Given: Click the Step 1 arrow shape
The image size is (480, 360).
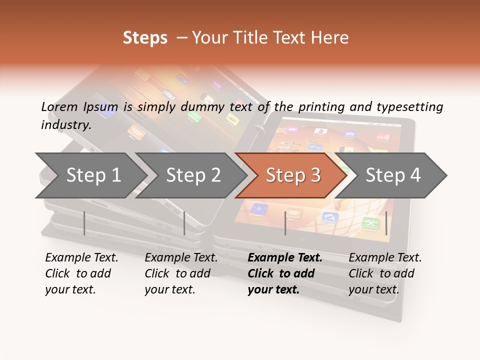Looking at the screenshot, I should [93, 175].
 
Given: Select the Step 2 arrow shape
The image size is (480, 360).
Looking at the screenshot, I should [193, 175].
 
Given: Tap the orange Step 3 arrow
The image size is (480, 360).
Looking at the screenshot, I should [293, 175].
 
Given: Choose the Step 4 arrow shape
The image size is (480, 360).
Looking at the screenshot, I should [393, 175].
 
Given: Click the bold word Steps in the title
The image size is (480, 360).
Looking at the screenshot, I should [145, 38].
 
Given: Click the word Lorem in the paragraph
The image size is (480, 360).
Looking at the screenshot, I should [58, 106].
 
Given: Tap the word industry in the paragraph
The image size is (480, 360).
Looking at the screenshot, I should [65, 124].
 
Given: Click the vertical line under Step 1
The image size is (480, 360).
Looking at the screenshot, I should [84, 223].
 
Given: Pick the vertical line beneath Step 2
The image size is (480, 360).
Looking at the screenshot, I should [184, 223].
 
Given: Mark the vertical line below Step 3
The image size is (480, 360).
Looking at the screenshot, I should [285, 223].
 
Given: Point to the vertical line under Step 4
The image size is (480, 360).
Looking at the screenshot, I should [386, 223].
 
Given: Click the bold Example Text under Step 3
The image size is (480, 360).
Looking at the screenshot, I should [285, 258].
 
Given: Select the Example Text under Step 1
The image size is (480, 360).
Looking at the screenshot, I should [81, 258].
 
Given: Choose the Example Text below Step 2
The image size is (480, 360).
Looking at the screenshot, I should [181, 258].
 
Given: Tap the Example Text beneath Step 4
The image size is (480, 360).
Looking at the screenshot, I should [385, 258].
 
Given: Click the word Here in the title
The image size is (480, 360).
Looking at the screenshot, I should [332, 38].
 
